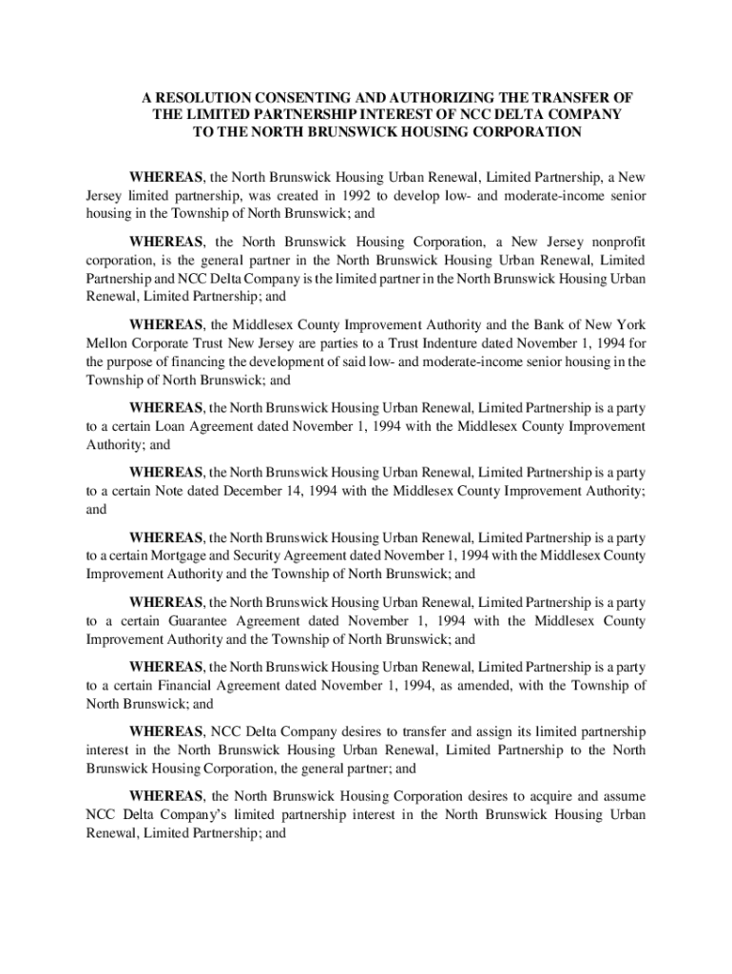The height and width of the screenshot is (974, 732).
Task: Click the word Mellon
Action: pyautogui.click(x=107, y=344)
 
